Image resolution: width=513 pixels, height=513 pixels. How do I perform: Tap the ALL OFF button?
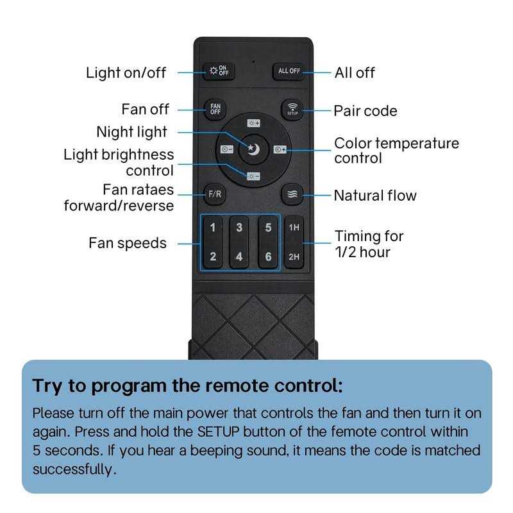click(x=289, y=71)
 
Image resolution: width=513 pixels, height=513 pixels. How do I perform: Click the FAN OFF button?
click(x=215, y=108)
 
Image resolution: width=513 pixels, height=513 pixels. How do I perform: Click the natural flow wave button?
click(x=291, y=194)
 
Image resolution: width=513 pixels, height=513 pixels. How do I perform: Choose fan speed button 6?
click(x=268, y=258)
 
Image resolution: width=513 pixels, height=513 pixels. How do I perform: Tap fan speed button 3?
click(x=239, y=228)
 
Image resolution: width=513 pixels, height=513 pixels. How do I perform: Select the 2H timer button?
click(x=294, y=257)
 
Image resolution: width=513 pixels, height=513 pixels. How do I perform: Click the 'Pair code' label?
click(x=365, y=111)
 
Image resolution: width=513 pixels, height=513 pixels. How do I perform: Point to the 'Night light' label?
click(x=131, y=132)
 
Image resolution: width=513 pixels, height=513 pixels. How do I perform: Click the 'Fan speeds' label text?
click(x=127, y=243)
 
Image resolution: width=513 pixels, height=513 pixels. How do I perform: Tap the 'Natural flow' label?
click(x=374, y=195)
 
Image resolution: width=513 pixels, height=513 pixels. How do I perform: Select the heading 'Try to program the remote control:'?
click(x=187, y=386)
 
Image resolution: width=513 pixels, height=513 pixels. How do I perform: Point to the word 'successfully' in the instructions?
click(x=74, y=469)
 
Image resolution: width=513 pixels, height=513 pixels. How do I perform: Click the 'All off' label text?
click(x=355, y=72)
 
